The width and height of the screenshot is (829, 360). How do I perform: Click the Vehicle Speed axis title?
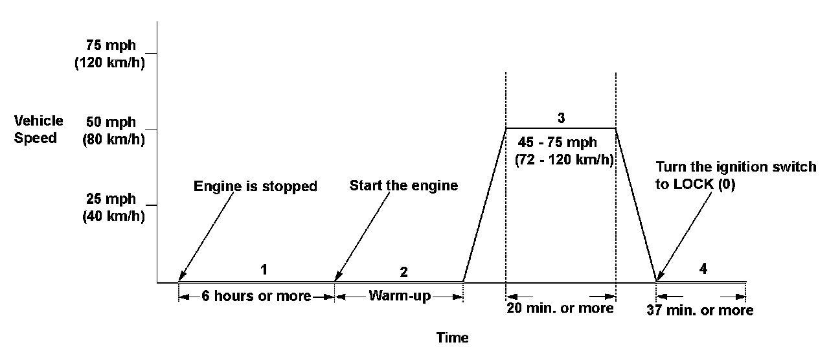pyautogui.click(x=39, y=129)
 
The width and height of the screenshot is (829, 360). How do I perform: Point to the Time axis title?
pyautogui.click(x=452, y=337)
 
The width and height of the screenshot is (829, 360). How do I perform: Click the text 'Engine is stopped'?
pyautogui.click(x=255, y=186)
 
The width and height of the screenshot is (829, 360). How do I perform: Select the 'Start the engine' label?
pyautogui.click(x=403, y=186)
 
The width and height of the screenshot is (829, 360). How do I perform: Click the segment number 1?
pyautogui.click(x=264, y=269)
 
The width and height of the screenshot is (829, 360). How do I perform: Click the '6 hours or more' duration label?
pyautogui.click(x=257, y=297)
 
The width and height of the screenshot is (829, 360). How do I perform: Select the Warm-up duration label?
pyautogui.click(x=400, y=297)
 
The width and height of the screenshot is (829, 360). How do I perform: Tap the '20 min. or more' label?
pyautogui.click(x=561, y=308)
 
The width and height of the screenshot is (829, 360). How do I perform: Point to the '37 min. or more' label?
pyautogui.click(x=700, y=310)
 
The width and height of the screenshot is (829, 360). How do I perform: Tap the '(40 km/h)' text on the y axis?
pyautogui.click(x=113, y=218)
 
